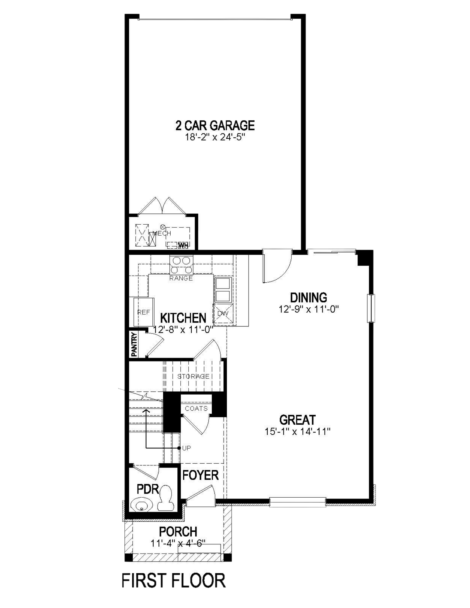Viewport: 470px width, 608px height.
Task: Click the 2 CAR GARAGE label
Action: pos(215,126)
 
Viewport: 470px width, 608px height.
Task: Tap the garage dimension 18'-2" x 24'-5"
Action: pos(215,137)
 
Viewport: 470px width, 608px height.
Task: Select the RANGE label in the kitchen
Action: pos(181,278)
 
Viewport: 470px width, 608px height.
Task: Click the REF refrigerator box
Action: pos(144,312)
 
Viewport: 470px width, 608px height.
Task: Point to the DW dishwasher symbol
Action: pos(223,313)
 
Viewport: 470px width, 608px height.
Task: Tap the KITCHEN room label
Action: pos(183,318)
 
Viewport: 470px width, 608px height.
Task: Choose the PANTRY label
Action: pos(134,344)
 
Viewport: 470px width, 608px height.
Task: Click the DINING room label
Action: pos(308,298)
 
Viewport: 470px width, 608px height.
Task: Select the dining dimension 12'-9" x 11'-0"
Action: pos(308,309)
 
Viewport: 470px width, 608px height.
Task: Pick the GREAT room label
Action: pos(297,420)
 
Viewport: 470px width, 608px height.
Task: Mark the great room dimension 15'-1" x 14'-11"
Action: pos(297,431)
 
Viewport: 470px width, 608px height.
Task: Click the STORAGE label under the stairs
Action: pos(193,376)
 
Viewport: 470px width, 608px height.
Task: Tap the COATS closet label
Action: pos(196,409)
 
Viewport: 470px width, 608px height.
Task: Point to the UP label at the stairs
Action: pos(186,448)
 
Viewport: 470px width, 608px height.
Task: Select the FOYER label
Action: pos(200,475)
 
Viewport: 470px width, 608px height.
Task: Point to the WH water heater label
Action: pos(183,245)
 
